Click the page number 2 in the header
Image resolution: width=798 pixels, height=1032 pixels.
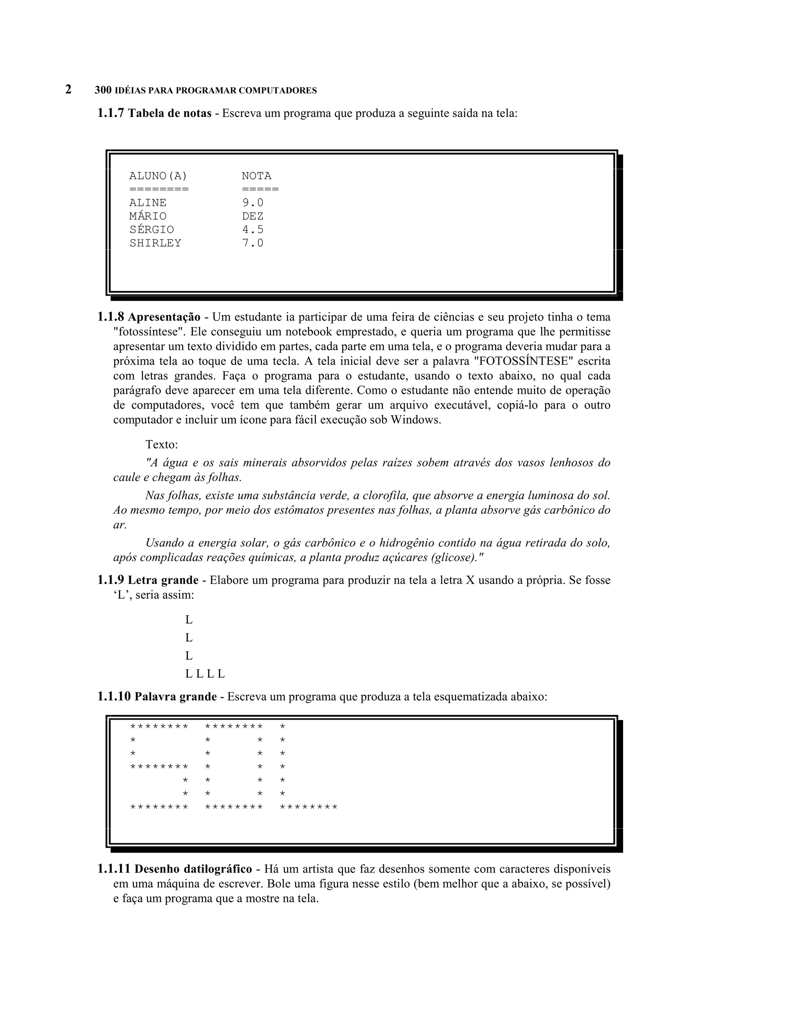pyautogui.click(x=69, y=89)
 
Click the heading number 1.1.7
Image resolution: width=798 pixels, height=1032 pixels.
pyautogui.click(x=111, y=113)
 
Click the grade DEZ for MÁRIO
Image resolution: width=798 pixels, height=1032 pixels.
pyautogui.click(x=252, y=216)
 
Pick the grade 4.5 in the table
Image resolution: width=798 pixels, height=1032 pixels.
pyautogui.click(x=252, y=230)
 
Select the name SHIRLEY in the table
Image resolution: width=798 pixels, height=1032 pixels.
pyautogui.click(x=155, y=243)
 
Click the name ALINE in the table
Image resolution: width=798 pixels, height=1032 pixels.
pyautogui.click(x=148, y=203)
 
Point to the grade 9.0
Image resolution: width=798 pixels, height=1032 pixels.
pyautogui.click(x=252, y=203)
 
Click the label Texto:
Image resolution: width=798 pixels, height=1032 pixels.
pyautogui.click(x=162, y=445)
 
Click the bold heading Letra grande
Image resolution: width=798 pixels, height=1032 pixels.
pyautogui.click(x=163, y=580)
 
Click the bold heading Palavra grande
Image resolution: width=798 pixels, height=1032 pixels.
pyautogui.click(x=175, y=697)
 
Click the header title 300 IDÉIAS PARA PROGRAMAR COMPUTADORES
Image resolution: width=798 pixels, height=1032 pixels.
pyautogui.click(x=206, y=90)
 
